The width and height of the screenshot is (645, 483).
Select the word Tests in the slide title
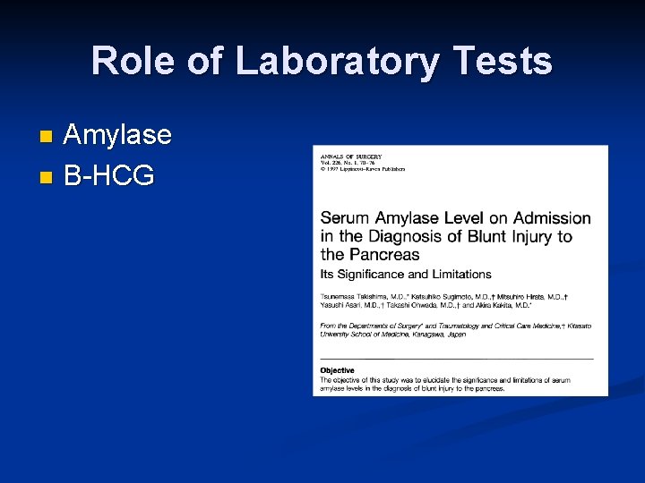503,62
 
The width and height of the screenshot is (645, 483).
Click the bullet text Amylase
117,135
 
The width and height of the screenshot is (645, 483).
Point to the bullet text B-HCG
108,174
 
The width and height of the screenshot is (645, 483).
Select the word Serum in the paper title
345,218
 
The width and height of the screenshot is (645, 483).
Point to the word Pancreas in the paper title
383,254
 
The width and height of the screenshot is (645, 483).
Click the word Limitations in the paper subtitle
460,274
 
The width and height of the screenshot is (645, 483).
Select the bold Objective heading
338,370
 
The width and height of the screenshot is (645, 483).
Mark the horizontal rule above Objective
457,359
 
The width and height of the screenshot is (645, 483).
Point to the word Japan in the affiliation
455,334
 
